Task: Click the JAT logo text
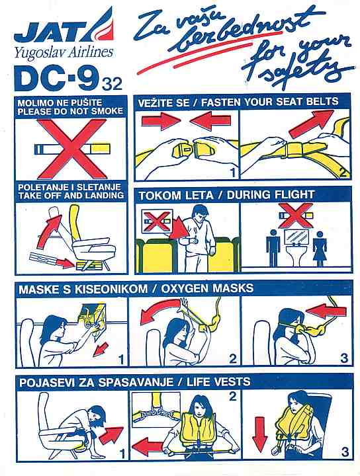[x=50, y=34]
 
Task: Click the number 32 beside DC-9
[x=112, y=84]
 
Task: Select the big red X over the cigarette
[x=71, y=148]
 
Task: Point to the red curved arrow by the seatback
[x=48, y=231]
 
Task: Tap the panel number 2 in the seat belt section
[x=342, y=173]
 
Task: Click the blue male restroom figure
[x=273, y=247]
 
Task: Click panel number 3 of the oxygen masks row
[x=343, y=358]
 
